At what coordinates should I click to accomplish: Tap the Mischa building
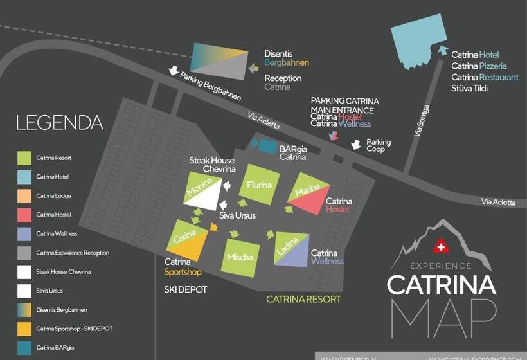(x=240, y=257)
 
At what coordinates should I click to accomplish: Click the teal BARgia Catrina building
(x=267, y=146)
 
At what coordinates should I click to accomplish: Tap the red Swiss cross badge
(x=440, y=247)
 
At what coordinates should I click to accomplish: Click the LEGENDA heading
(x=60, y=123)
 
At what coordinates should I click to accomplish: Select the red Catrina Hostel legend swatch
(x=24, y=215)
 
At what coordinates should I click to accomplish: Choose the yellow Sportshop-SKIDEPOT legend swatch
(x=24, y=329)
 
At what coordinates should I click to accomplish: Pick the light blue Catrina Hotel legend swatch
(x=24, y=177)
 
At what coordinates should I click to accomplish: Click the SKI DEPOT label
(x=186, y=290)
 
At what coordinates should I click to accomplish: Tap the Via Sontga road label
(x=422, y=121)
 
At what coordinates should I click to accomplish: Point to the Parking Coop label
(x=379, y=146)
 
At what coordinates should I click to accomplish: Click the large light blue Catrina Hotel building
(x=418, y=35)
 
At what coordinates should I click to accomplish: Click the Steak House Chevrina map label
(x=211, y=165)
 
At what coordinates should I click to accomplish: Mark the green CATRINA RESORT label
(x=303, y=299)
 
